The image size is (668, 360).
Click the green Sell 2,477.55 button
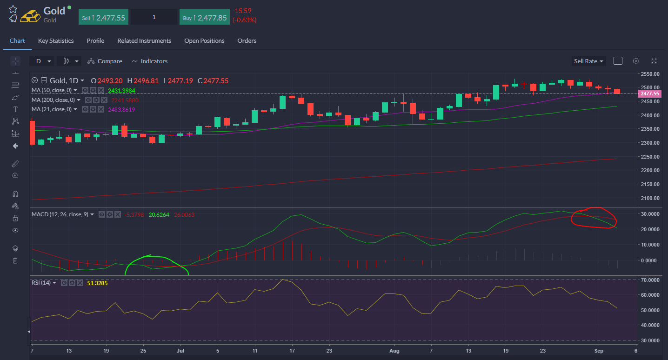coord(103,17)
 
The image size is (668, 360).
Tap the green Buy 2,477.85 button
coord(204,17)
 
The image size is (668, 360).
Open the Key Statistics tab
coord(56,41)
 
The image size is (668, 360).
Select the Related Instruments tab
coord(144,41)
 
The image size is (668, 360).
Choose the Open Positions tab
coord(204,41)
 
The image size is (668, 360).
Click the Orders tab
coord(247,41)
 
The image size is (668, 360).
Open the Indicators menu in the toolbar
coord(149,61)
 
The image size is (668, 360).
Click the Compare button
coord(105,61)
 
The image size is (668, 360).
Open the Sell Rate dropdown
coord(588,61)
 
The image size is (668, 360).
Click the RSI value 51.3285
coord(97,283)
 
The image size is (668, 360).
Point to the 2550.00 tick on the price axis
coord(650,74)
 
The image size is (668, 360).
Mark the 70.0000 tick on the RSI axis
coord(650,280)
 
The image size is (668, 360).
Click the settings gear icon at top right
coord(636,61)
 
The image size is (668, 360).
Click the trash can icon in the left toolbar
coord(15,260)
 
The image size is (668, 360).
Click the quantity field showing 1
coord(154,17)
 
